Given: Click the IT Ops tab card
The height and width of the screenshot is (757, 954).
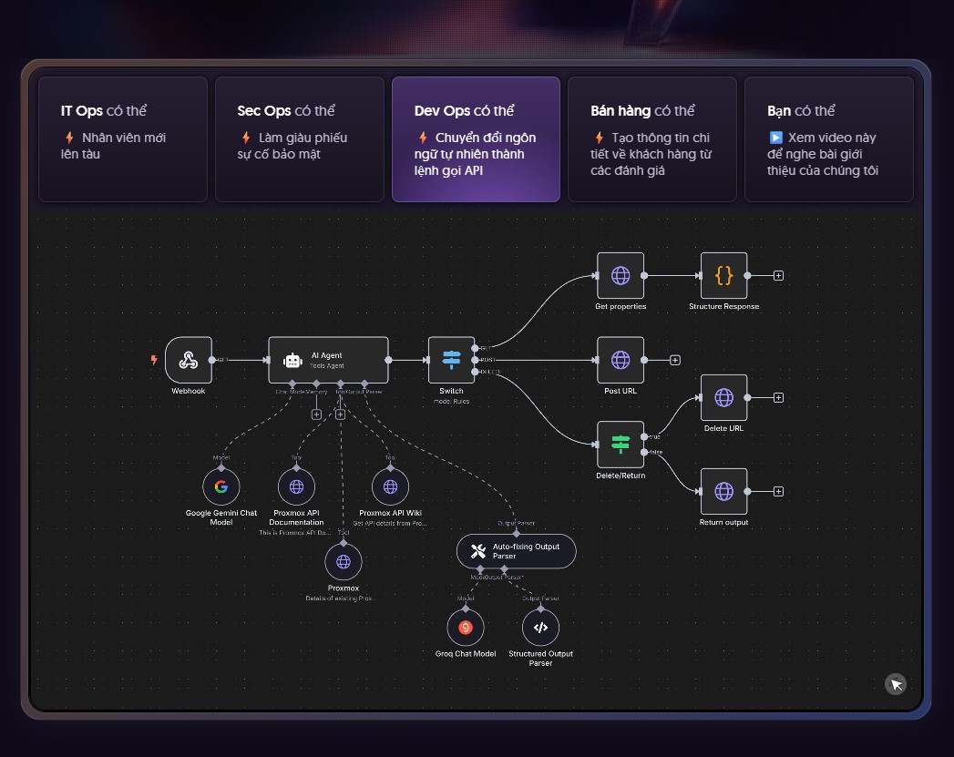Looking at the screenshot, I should point(123,138).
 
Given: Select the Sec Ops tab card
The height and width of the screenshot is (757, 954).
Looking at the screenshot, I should point(299,138).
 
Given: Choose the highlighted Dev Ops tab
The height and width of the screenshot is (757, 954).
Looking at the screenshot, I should point(476,138).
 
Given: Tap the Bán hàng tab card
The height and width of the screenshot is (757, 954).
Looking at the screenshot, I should point(651,138).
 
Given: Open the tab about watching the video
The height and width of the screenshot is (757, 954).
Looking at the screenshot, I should point(828,138).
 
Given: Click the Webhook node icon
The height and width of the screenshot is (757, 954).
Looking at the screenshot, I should point(189,360).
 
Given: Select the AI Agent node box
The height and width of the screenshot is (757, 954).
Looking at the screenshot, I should point(328,360).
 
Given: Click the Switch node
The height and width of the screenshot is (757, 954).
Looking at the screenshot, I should point(451,360).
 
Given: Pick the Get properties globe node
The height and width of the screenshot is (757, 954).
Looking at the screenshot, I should point(621,275).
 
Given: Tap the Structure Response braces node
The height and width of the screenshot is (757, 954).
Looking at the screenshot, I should point(723,275).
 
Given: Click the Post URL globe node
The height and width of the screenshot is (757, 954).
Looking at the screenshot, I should point(621,360).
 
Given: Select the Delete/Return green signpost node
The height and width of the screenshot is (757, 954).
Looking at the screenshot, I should point(621,444).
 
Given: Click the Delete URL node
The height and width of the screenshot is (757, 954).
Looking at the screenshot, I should point(723,397).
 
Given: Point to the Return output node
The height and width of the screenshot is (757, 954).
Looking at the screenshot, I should point(723,491).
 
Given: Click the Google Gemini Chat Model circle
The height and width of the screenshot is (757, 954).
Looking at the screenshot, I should point(221,486).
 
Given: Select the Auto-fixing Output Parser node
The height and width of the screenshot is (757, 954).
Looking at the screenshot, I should point(516,550).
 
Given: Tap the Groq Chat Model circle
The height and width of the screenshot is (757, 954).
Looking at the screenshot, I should point(466,627).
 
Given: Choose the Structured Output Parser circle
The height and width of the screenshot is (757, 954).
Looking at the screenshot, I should point(540,627).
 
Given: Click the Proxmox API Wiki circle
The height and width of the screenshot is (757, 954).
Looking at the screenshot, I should point(390,486).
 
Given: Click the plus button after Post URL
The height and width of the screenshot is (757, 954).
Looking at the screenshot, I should point(675,360).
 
